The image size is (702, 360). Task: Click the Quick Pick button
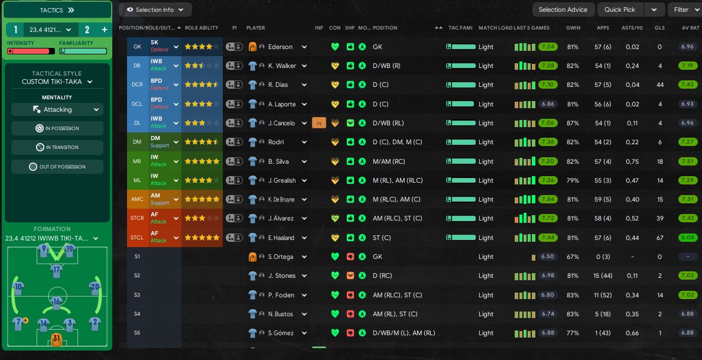[x=620, y=9]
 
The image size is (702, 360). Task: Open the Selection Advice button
[x=563, y=9]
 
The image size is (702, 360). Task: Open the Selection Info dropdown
[x=155, y=9]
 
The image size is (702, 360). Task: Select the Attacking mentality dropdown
[x=57, y=109]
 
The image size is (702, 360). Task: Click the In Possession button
[x=57, y=128]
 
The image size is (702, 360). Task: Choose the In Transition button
[x=57, y=147]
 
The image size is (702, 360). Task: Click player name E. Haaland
[x=281, y=238]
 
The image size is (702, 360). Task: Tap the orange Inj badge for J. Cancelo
[x=319, y=123]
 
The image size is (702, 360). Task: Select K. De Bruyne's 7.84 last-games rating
[x=549, y=199]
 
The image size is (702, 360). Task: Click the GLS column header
[x=659, y=28]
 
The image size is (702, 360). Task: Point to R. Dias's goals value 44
[x=659, y=85]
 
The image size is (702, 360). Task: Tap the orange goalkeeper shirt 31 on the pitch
[x=57, y=339]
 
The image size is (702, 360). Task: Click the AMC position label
[x=137, y=199]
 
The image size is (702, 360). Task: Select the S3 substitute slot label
[x=137, y=294]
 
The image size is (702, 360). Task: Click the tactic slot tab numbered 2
[x=87, y=29]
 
